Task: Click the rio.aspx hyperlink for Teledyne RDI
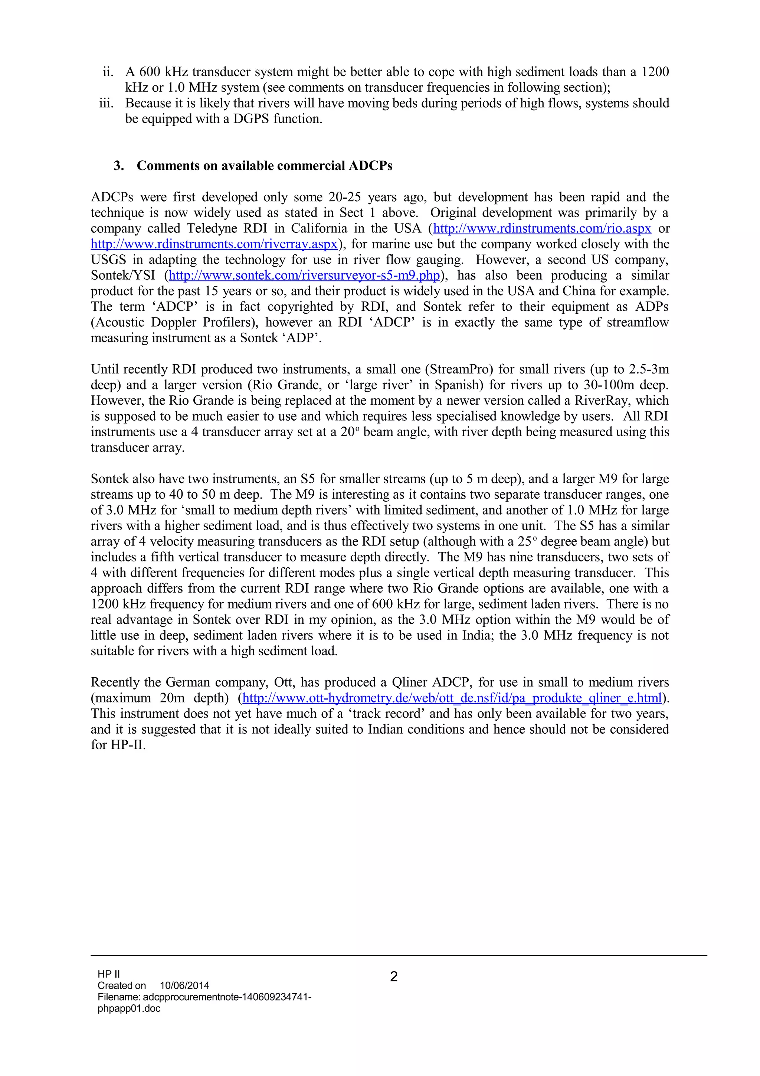click(542, 229)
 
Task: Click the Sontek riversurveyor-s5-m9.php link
click(304, 275)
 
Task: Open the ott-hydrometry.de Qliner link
click(452, 698)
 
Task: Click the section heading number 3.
click(118, 166)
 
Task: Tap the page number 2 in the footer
click(394, 976)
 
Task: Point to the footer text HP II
click(109, 974)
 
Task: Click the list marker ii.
click(108, 72)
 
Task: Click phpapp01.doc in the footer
click(129, 1008)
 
